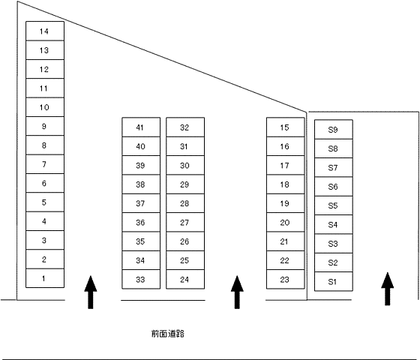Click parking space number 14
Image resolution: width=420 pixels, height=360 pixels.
click(x=45, y=31)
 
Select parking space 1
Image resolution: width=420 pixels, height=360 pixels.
click(x=45, y=278)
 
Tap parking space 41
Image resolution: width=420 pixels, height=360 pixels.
click(x=141, y=127)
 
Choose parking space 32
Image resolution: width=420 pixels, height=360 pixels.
click(x=185, y=127)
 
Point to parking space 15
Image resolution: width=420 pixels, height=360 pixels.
click(x=286, y=127)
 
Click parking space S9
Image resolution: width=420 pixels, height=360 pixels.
click(x=334, y=129)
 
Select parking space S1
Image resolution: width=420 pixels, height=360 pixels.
click(x=334, y=281)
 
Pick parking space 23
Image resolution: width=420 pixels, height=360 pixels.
click(x=286, y=279)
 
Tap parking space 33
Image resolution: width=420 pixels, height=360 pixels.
click(x=141, y=279)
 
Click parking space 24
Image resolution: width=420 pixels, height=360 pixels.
click(x=185, y=279)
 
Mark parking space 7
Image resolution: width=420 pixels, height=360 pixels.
click(x=45, y=164)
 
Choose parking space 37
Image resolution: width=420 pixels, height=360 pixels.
click(x=141, y=203)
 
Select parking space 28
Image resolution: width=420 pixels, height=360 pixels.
click(x=185, y=203)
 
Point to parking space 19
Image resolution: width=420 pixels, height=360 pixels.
click(x=286, y=203)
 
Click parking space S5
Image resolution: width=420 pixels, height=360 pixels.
click(x=334, y=205)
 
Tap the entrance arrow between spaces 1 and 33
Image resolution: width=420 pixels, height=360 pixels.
click(x=91, y=292)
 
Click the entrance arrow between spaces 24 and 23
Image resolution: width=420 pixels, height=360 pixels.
click(x=237, y=292)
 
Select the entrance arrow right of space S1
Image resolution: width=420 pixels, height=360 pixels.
click(x=387, y=289)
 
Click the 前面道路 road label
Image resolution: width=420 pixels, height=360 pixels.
click(x=168, y=334)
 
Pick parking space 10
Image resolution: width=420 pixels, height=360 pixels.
click(x=45, y=107)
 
